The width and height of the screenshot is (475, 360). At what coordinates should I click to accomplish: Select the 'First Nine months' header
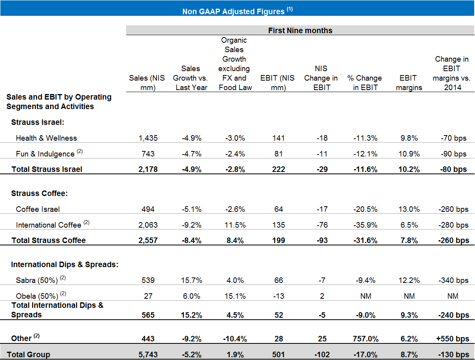click(x=300, y=30)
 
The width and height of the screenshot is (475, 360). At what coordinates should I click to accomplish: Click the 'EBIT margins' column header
click(x=409, y=83)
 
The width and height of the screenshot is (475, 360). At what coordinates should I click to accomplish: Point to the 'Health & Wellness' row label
click(x=46, y=138)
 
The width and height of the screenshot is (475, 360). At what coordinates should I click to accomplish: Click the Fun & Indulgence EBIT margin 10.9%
click(x=409, y=154)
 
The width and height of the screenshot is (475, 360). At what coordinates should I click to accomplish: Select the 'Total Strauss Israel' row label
click(x=47, y=170)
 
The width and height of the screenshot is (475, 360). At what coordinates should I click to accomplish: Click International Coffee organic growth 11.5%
click(x=235, y=225)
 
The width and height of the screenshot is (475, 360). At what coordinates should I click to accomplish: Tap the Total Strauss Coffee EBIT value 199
click(x=278, y=240)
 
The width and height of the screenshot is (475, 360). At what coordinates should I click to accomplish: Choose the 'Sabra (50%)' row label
click(x=37, y=280)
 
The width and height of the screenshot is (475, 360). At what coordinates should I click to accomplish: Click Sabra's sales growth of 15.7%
click(x=191, y=280)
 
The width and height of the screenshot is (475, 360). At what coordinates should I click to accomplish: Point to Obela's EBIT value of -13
click(x=278, y=296)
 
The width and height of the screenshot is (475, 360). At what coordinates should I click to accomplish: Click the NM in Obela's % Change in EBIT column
click(x=366, y=296)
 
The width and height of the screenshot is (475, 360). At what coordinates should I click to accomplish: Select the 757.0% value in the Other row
click(x=366, y=339)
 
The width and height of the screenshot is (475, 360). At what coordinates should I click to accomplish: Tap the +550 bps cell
click(x=450, y=339)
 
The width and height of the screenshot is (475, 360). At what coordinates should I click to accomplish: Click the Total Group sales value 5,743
click(x=147, y=354)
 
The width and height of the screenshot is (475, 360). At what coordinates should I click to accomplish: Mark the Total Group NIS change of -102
click(x=322, y=354)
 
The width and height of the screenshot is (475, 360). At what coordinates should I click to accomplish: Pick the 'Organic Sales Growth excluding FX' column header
click(x=235, y=64)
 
